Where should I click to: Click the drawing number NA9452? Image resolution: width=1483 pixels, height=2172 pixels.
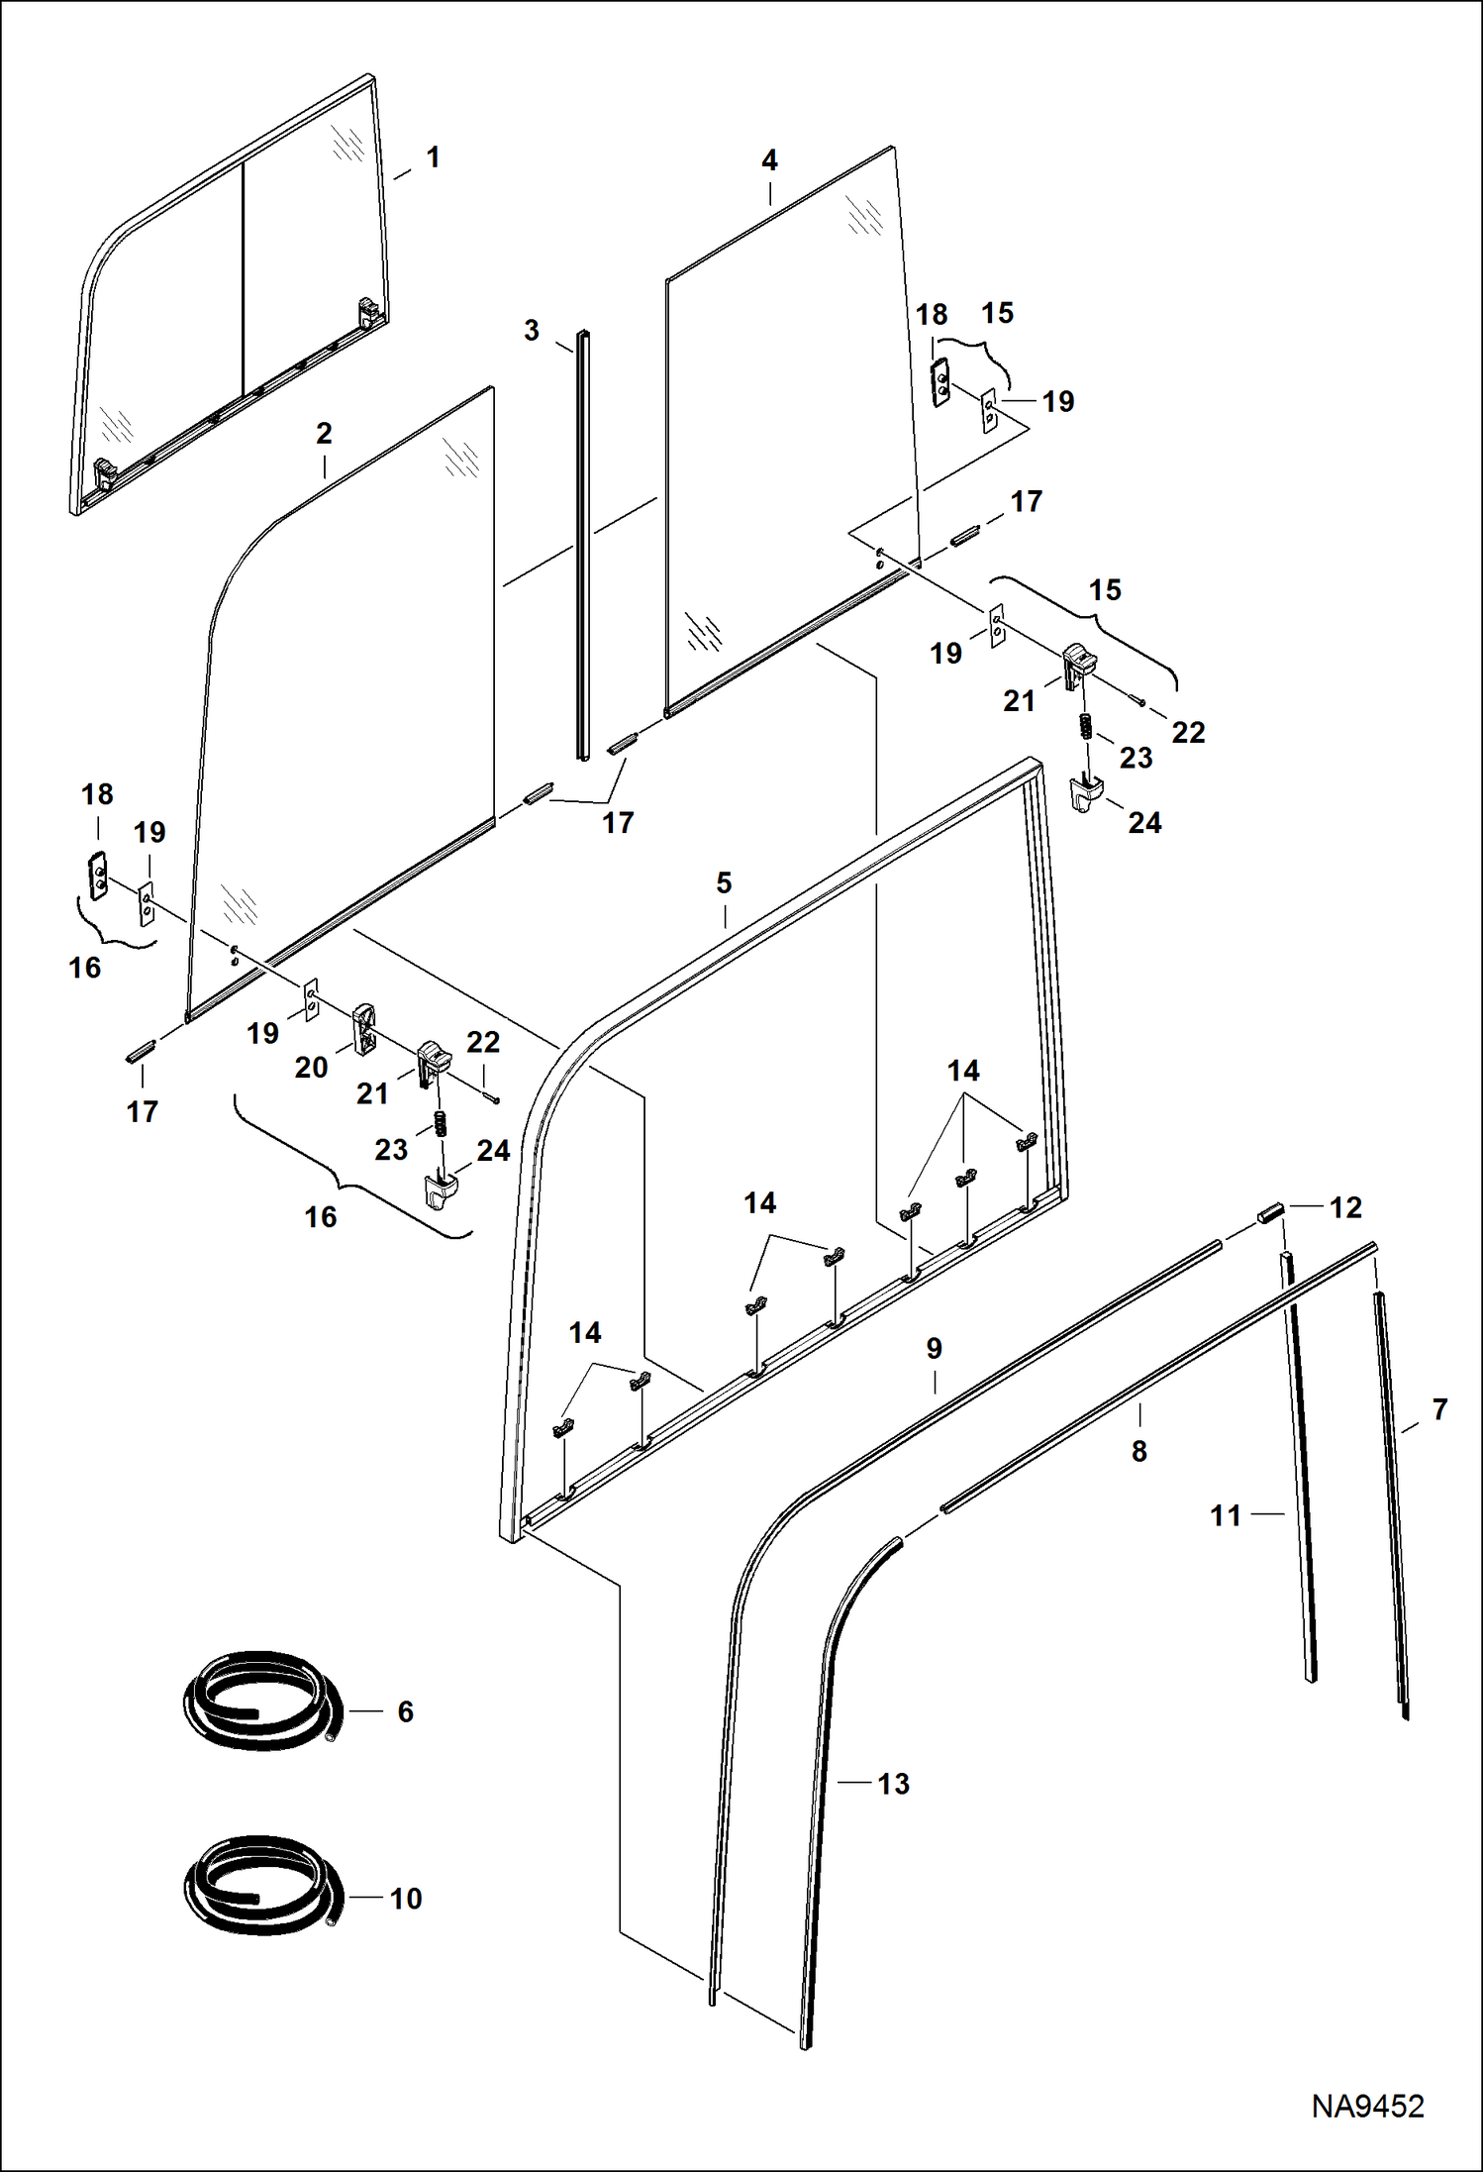pyautogui.click(x=1367, y=2106)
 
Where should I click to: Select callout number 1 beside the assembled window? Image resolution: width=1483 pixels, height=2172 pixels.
pyautogui.click(x=433, y=157)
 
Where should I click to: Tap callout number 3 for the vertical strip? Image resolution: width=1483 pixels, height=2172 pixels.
pyautogui.click(x=532, y=331)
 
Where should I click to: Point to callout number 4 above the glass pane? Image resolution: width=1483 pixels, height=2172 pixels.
pyautogui.click(x=769, y=160)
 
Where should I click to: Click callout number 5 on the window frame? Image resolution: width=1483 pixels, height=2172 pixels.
pyautogui.click(x=724, y=882)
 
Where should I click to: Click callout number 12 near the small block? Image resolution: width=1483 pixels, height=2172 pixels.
pyautogui.click(x=1345, y=1207)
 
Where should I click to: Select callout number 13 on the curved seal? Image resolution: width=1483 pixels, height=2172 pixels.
pyautogui.click(x=893, y=1784)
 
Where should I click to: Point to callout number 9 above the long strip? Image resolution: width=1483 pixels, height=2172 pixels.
pyautogui.click(x=934, y=1348)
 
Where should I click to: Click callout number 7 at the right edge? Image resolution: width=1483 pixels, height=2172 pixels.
pyautogui.click(x=1439, y=1408)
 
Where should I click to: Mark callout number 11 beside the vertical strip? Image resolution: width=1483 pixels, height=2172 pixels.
pyautogui.click(x=1226, y=1515)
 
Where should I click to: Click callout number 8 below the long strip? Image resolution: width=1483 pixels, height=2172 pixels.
pyautogui.click(x=1139, y=1451)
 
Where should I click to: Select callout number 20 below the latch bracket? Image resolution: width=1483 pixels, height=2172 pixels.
pyautogui.click(x=311, y=1067)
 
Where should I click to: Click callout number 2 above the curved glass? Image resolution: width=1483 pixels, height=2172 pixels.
pyautogui.click(x=324, y=433)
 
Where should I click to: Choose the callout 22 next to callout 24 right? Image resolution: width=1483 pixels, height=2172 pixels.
pyautogui.click(x=1188, y=732)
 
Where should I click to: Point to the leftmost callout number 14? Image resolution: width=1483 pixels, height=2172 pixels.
pyautogui.click(x=585, y=1333)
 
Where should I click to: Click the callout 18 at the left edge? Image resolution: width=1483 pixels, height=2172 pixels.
pyautogui.click(x=97, y=794)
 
